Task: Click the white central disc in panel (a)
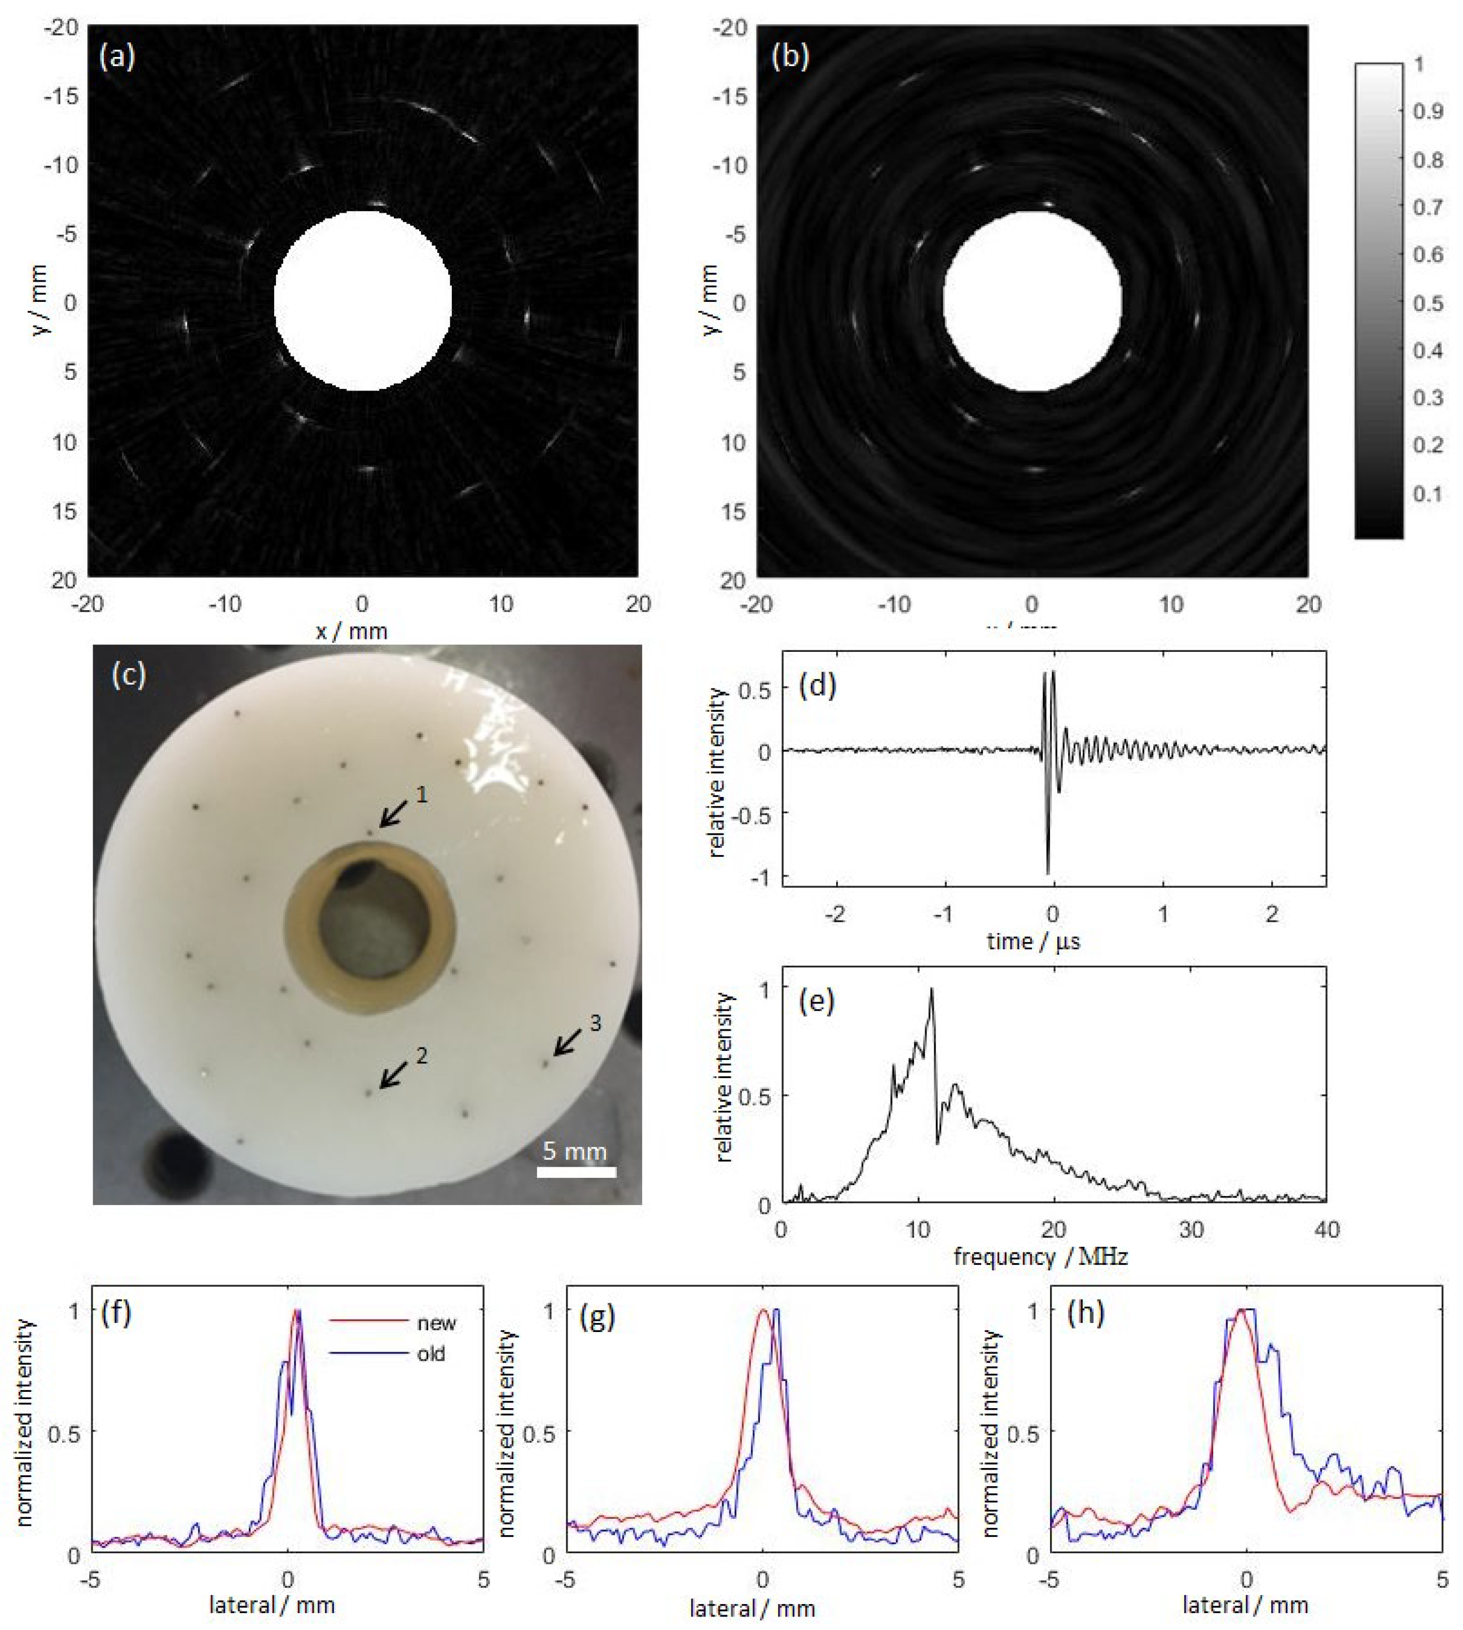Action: (363, 301)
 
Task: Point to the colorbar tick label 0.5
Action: (1427, 303)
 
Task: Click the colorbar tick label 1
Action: (1419, 64)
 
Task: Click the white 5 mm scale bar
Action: (577, 1172)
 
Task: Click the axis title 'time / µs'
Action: (1033, 941)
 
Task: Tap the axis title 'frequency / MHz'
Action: (1040, 1256)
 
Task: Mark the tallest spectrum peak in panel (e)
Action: (932, 991)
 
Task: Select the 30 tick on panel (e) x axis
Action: (1190, 1229)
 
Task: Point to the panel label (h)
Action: (1084, 1313)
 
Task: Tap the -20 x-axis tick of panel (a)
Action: (87, 603)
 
